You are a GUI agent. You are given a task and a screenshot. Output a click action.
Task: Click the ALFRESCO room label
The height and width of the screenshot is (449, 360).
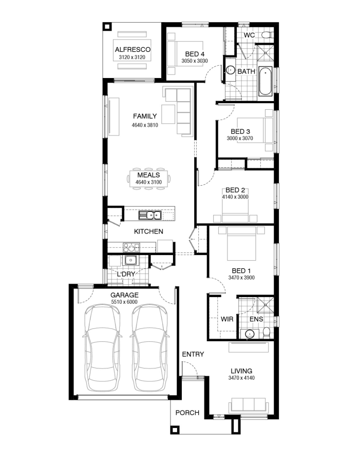click(x=132, y=50)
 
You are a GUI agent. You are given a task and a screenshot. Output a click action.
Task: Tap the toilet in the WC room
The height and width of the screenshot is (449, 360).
click(x=268, y=35)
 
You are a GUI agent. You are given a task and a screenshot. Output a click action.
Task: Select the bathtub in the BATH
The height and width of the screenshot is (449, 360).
click(x=266, y=81)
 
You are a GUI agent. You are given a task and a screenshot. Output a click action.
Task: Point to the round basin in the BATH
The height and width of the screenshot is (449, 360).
click(x=231, y=70)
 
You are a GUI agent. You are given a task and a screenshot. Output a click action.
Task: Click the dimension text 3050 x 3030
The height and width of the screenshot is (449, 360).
click(x=195, y=61)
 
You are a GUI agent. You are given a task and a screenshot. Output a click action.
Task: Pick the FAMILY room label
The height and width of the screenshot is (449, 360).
click(x=145, y=116)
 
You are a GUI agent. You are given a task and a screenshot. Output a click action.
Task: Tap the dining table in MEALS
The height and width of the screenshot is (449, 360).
click(x=148, y=179)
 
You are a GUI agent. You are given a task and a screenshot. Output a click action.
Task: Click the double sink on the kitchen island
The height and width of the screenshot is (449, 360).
click(x=150, y=215)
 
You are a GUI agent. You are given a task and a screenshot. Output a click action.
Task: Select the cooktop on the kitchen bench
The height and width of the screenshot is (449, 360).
click(x=131, y=247)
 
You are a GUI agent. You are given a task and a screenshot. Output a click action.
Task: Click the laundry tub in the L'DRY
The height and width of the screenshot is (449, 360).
click(x=130, y=260)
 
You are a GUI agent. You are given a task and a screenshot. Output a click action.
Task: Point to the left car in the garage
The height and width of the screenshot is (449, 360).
click(x=102, y=348)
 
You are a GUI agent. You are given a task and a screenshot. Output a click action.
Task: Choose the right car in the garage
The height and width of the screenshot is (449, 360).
click(x=149, y=348)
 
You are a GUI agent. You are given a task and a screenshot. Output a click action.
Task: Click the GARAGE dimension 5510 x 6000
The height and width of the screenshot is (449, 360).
click(x=124, y=302)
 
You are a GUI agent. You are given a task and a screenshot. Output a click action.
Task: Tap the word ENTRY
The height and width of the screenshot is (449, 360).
click(x=193, y=354)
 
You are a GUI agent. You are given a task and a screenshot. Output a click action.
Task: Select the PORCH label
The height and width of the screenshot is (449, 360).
click(x=187, y=413)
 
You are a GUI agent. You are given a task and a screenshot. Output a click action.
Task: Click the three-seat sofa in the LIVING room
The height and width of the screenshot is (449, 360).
click(x=249, y=405)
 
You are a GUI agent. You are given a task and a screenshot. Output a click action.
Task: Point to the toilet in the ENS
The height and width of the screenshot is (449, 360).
click(x=267, y=333)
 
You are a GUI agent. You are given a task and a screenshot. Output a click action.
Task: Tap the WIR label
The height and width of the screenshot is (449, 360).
click(x=227, y=319)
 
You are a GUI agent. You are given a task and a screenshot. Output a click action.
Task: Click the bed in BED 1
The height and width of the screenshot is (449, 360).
click(x=241, y=243)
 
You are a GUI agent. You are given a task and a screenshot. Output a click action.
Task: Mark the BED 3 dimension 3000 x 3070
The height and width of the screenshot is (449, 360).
click(x=240, y=139)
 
